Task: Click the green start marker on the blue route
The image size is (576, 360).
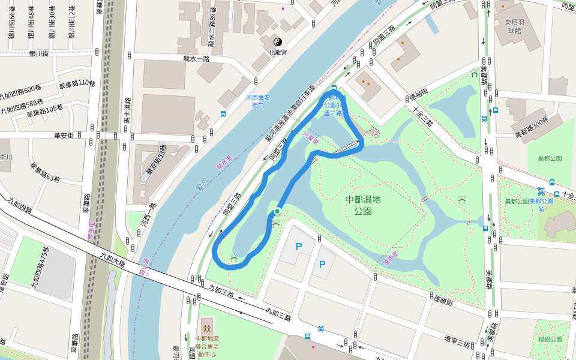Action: pos(277,211)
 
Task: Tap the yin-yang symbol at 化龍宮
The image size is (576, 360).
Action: pos(277,42)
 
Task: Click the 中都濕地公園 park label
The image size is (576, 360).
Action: pos(363,205)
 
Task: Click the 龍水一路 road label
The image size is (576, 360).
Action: pos(196,59)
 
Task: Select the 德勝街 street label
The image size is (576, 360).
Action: pos(443,301)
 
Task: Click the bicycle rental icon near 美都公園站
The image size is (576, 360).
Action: pos(541,192)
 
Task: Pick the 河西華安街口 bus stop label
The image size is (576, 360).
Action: pos(259,101)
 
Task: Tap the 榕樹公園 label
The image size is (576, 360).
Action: pos(550,340)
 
